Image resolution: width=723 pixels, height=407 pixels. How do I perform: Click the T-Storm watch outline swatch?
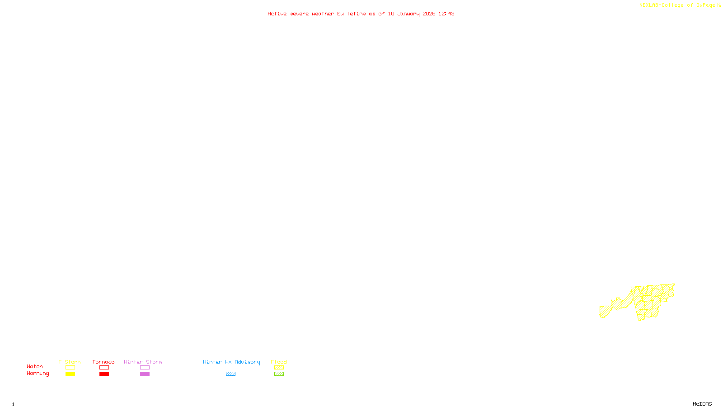70,368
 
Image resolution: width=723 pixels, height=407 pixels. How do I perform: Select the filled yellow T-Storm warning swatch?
70,374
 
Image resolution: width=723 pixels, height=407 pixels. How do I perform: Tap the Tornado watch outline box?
104,368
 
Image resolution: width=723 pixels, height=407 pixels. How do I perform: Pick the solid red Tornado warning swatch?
104,374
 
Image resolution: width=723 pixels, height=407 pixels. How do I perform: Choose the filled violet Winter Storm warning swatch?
145,374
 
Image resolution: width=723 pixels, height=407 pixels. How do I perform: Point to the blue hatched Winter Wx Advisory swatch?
230,374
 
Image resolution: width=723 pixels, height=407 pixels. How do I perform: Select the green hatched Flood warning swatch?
279,374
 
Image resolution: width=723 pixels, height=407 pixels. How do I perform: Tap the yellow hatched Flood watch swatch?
279,368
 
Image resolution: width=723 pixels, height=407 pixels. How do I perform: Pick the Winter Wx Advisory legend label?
231,362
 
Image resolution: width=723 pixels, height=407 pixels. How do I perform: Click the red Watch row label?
35,366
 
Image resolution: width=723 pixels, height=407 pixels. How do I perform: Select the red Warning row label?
38,374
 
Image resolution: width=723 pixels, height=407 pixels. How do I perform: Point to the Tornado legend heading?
103,362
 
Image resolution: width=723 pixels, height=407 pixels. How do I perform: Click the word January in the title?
408,14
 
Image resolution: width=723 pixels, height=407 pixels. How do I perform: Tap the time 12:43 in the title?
446,14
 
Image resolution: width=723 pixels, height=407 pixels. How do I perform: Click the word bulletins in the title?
352,14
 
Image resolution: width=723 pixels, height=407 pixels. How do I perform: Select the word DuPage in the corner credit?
705,5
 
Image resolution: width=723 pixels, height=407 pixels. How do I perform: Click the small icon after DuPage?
719,5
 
